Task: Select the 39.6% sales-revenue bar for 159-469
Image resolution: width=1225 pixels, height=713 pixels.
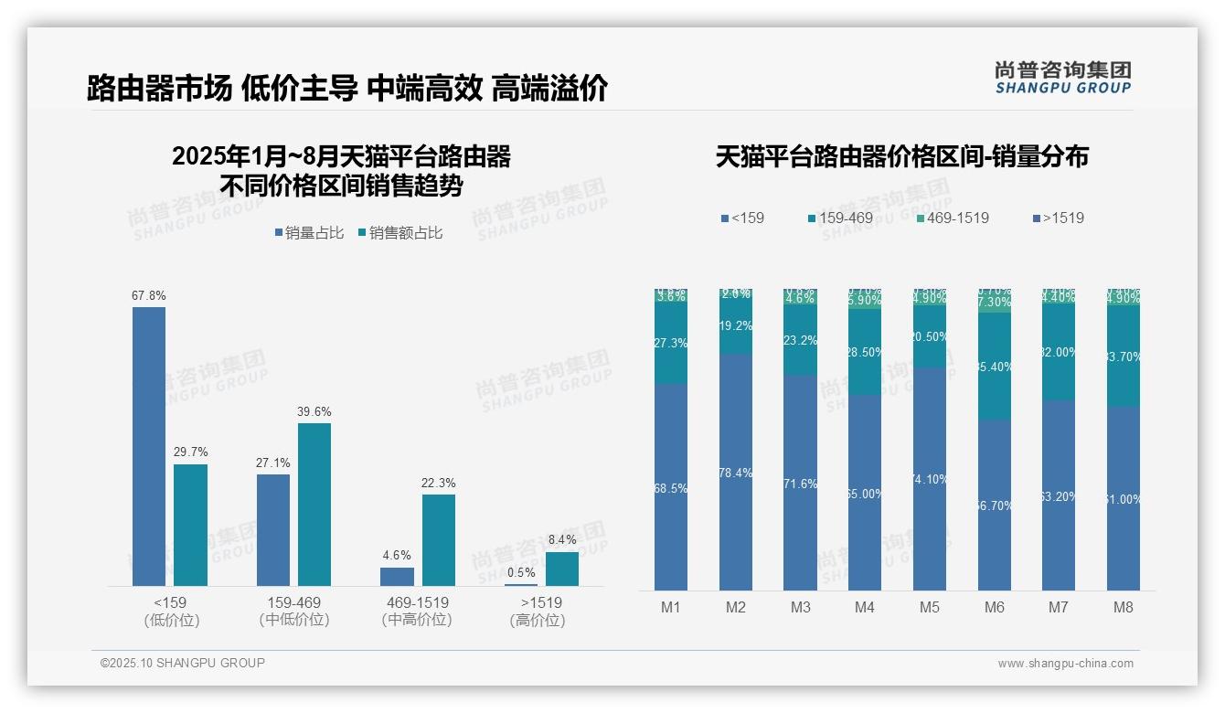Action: [314, 504]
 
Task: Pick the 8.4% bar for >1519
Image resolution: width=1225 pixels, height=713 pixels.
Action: [562, 569]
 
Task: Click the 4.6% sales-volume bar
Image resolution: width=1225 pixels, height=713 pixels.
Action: [397, 576]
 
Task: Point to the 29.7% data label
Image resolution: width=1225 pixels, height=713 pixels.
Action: [190, 452]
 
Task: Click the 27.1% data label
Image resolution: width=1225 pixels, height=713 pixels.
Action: [272, 463]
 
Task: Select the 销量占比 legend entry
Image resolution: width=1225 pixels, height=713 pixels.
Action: [309, 233]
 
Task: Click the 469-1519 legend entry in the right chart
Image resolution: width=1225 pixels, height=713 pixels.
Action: [952, 218]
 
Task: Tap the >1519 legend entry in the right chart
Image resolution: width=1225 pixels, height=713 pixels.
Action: [1058, 218]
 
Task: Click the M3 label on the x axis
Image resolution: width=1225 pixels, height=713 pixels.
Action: [800, 607]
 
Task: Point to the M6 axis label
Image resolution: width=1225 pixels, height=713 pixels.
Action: [994, 607]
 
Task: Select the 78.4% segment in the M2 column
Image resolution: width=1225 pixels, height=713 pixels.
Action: [736, 472]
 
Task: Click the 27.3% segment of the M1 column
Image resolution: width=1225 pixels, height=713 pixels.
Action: [671, 344]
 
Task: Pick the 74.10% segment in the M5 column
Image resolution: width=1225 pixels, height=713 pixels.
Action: [930, 478]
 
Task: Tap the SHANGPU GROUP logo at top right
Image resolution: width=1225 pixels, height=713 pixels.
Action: [1062, 78]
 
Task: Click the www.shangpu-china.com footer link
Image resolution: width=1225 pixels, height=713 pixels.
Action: [1065, 664]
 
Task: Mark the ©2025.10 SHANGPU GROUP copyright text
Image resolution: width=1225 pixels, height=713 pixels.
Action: [183, 663]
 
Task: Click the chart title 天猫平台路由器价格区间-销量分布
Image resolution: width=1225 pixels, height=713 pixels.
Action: [901, 156]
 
